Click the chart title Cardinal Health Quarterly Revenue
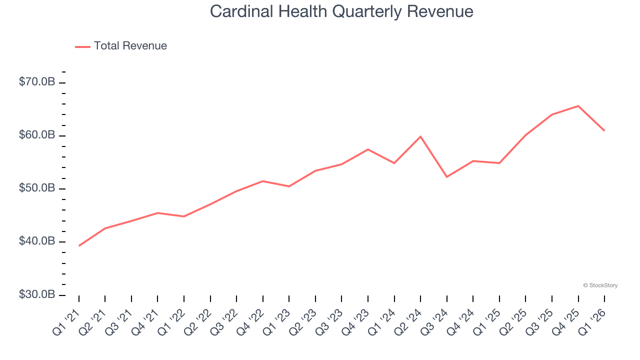tap(341, 11)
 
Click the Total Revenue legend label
tap(130, 46)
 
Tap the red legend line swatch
tap(82, 46)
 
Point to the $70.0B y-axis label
tap(37, 82)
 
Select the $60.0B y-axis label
tap(37, 135)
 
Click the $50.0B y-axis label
tap(37, 188)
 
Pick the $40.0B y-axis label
tap(37, 241)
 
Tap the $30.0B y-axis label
tap(37, 294)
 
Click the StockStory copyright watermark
tap(600, 285)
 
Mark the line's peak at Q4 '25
tap(578, 106)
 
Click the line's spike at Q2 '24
tap(420, 136)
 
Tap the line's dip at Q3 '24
tap(446, 177)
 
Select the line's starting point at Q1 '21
tap(79, 245)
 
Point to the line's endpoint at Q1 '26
tap(604, 130)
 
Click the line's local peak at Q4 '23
tap(368, 149)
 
